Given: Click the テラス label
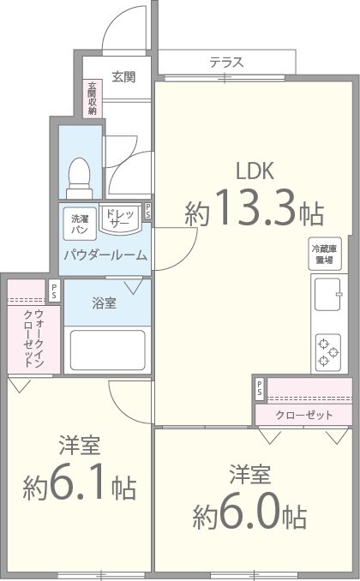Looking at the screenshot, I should point(226,62).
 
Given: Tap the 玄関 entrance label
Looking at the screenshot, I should point(123,77).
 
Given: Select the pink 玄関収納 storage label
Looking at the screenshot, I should point(91,98).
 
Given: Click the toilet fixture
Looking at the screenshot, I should point(80,175).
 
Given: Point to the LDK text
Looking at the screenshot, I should point(255,171).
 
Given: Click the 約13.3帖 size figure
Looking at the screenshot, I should point(254,208).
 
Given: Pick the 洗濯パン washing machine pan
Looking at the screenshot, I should point(80,224).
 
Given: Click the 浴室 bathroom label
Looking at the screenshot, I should point(105,302).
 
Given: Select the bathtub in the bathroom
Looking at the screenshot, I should point(105,349).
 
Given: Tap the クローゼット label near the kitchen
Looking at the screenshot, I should point(305,415).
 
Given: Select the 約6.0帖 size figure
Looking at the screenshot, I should point(249,512).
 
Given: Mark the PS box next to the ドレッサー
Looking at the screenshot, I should point(148,211).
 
